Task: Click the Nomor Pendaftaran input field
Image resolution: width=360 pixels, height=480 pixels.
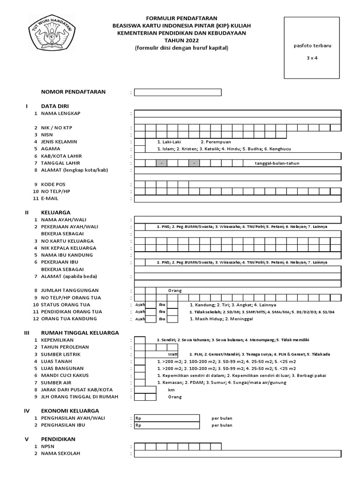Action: (178, 92)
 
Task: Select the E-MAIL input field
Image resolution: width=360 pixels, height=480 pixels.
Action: (237, 199)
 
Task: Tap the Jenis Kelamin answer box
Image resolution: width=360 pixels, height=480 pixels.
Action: (139, 142)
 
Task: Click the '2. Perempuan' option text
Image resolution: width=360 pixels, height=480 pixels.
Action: (216, 142)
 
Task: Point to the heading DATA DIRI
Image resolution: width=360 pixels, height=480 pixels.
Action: (55, 106)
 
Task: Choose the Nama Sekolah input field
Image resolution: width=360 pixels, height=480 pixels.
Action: (237, 454)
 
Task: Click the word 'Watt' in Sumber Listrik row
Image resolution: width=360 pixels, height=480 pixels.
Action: (173, 354)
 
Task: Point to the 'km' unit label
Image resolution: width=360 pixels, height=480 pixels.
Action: (171, 390)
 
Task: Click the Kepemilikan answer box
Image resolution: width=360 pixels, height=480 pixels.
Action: (139, 340)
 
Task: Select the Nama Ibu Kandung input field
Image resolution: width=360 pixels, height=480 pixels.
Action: (237, 255)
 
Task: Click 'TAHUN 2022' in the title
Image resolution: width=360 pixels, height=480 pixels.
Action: (181, 40)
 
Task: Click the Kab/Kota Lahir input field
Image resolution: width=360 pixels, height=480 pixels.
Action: (237, 156)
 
